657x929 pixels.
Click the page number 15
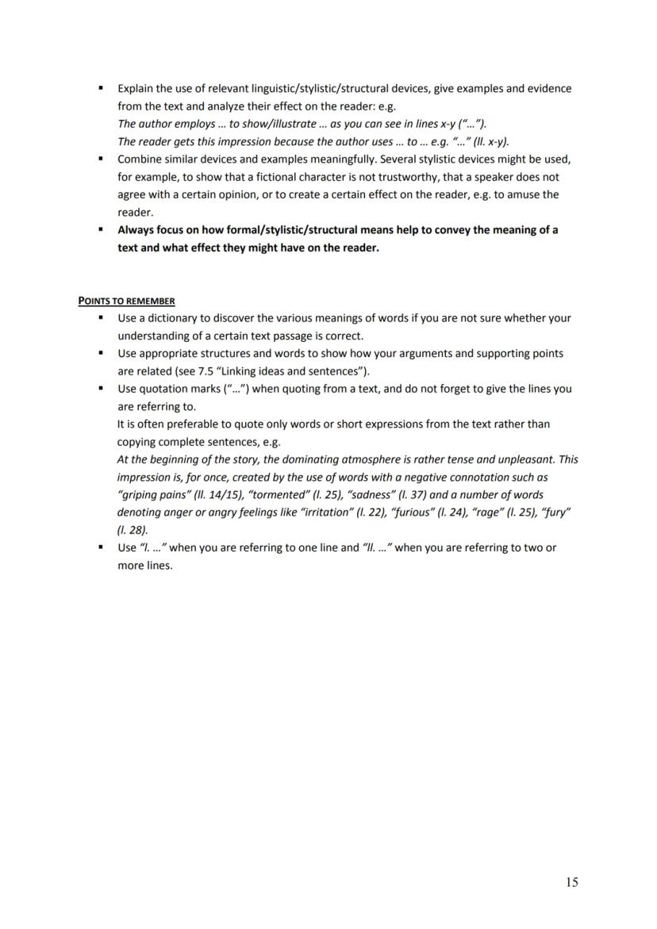click(572, 882)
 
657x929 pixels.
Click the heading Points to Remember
click(126, 301)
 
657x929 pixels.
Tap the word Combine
click(140, 159)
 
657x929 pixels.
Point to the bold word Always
click(136, 230)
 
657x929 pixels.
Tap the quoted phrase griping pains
click(153, 495)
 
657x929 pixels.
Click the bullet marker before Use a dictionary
click(101, 318)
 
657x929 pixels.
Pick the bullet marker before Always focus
click(101, 230)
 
